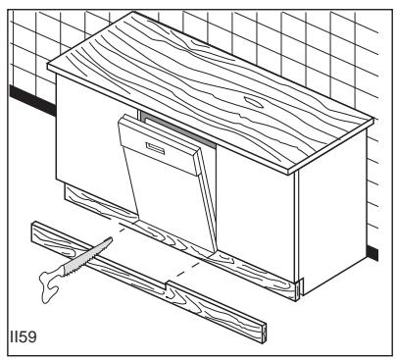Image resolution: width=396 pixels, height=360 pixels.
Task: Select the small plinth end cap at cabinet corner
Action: coord(300,291)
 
